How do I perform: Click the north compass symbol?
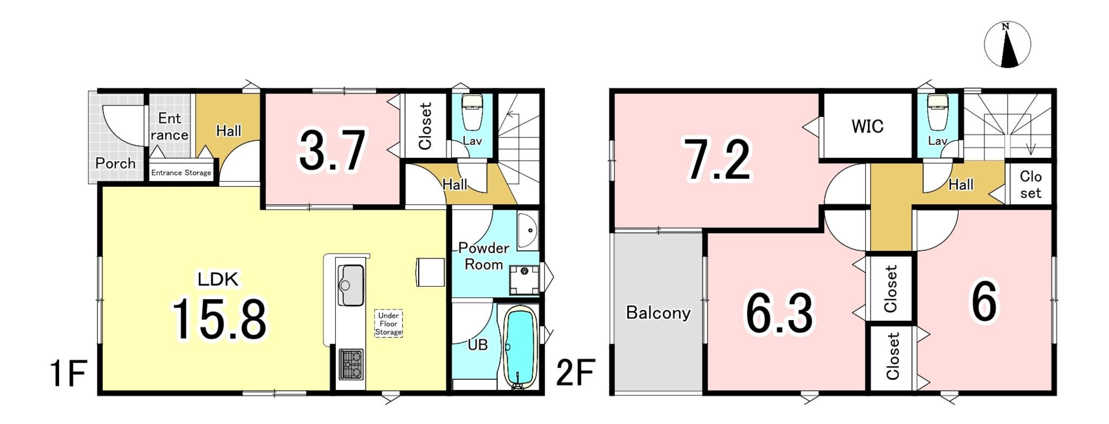(1007, 45)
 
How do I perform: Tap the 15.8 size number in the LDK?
(219, 320)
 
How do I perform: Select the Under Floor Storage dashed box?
(389, 323)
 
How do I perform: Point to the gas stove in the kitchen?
(351, 365)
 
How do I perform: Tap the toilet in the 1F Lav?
(472, 112)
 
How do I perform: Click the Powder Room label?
(484, 256)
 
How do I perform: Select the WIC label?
(867, 127)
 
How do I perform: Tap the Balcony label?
(658, 313)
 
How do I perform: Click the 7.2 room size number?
(718, 160)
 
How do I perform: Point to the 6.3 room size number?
(780, 313)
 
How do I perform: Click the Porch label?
(115, 163)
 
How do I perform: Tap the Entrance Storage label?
(181, 173)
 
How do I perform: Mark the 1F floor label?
(69, 373)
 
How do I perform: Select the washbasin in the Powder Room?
(527, 231)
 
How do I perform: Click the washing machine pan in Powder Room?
(524, 279)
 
